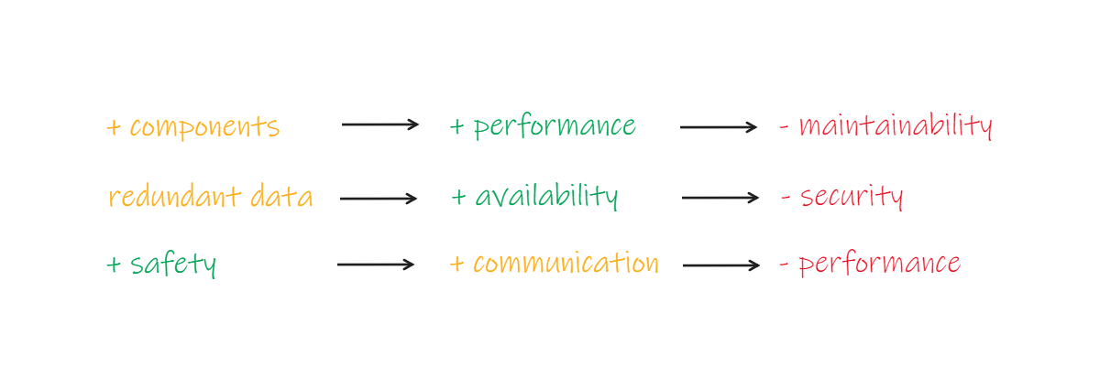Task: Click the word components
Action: click(204, 127)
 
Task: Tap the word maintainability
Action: click(896, 125)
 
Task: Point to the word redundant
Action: click(175, 196)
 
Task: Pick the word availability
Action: click(546, 196)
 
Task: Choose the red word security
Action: click(852, 197)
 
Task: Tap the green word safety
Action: click(173, 265)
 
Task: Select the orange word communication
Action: click(566, 264)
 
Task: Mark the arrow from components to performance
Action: click(380, 124)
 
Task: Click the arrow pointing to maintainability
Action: click(719, 127)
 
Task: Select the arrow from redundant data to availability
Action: click(379, 198)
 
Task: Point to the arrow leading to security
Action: click(720, 197)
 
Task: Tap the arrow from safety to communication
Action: click(376, 265)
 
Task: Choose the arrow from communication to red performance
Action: click(721, 265)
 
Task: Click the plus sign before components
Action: click(114, 127)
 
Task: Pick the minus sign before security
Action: click(786, 197)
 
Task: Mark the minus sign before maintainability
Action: click(785, 127)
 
